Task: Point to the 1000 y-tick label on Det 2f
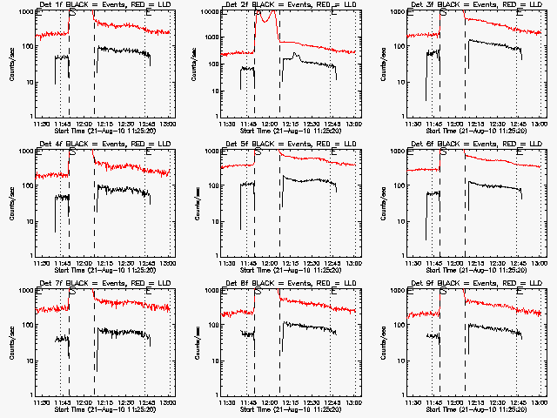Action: [210, 12]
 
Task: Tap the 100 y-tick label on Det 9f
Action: [399, 326]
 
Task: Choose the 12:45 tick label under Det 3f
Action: [519, 122]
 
